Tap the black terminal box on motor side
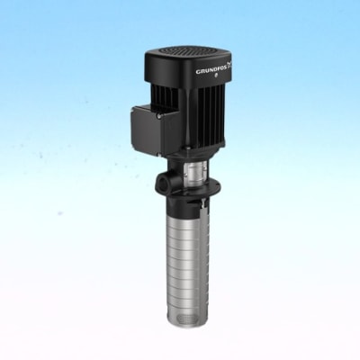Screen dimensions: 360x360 pos(145,125)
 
